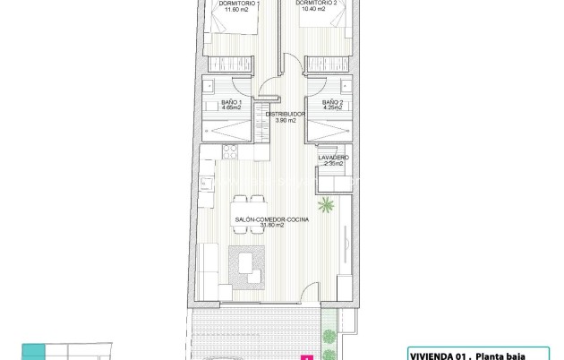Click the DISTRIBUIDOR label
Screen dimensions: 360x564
(x=286, y=115)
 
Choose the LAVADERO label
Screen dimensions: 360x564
(x=334, y=158)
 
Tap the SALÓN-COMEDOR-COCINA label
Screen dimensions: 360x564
(x=260, y=219)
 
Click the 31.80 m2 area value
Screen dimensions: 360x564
(x=260, y=226)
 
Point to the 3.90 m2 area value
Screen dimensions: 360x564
(x=286, y=121)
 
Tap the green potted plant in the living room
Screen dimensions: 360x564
(x=327, y=204)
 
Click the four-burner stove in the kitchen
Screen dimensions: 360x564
(x=208, y=184)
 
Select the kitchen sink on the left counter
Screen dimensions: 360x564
(x=207, y=166)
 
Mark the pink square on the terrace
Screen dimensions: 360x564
(x=308, y=356)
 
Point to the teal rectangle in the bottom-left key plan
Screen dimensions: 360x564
(x=32, y=350)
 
